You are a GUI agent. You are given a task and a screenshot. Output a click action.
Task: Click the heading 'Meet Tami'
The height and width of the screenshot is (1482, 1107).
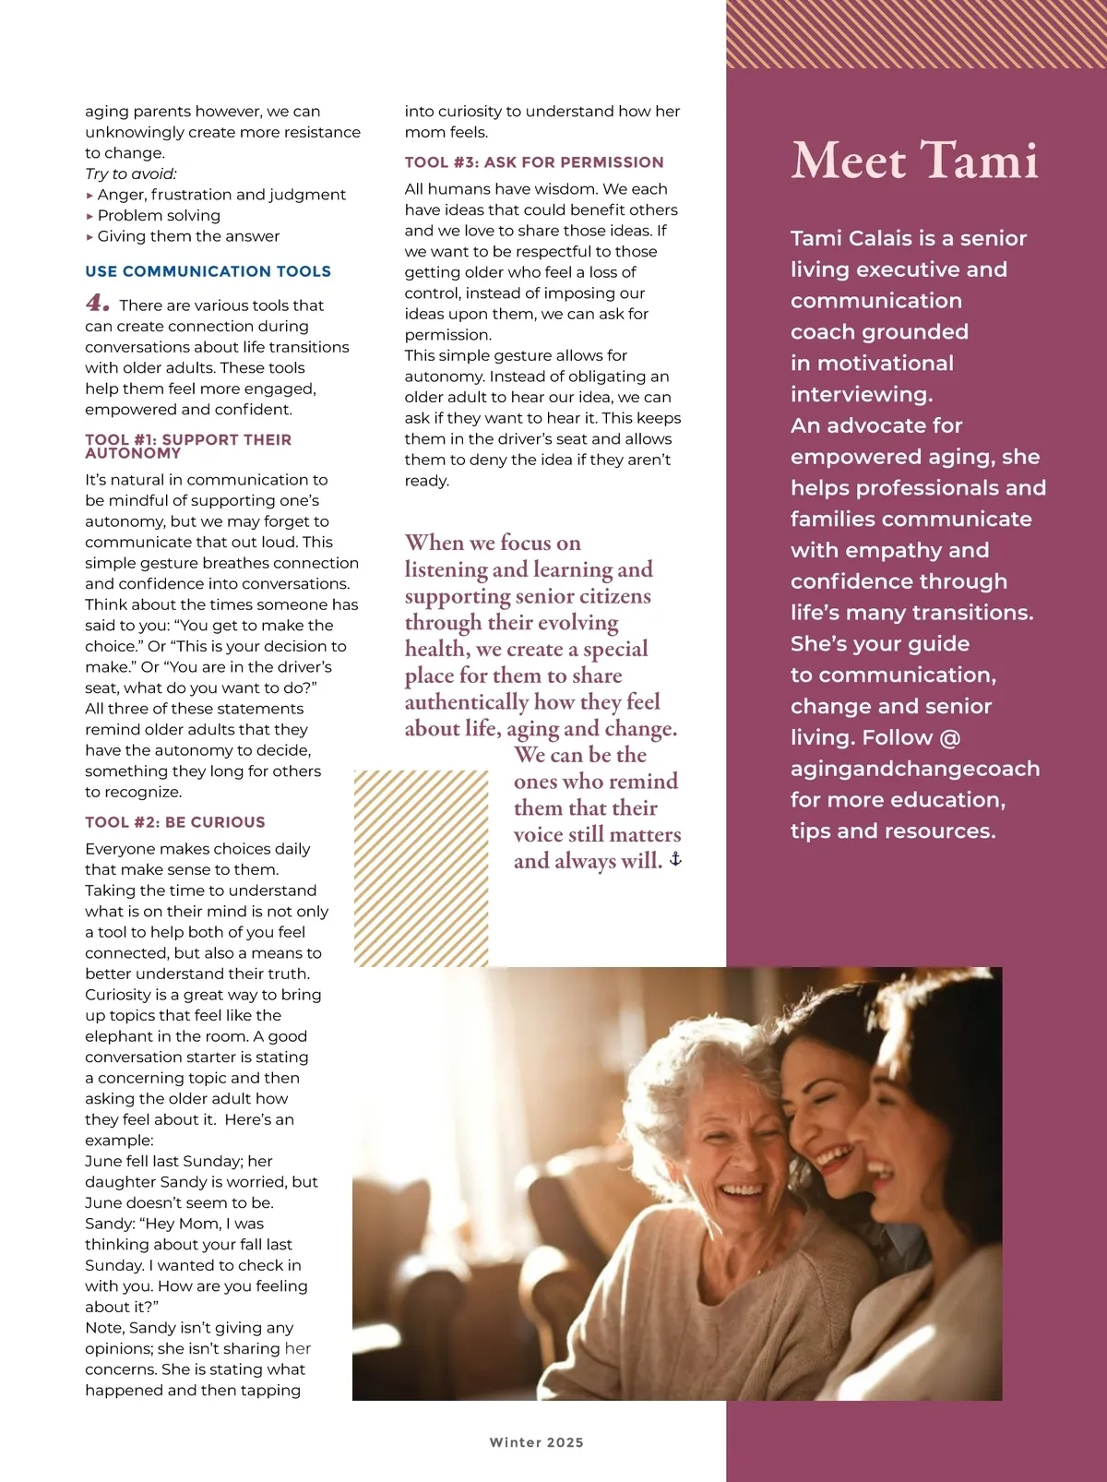(914, 161)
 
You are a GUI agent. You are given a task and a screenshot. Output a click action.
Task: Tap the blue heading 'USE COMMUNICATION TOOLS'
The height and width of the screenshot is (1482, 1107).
(208, 271)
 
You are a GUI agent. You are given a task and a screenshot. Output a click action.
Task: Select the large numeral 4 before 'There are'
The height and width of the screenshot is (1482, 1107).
(97, 303)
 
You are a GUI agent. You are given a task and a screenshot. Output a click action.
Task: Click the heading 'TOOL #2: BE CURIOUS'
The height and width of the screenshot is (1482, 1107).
(175, 822)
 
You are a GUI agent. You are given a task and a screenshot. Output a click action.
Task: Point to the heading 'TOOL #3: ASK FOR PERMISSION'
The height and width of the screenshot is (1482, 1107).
(534, 162)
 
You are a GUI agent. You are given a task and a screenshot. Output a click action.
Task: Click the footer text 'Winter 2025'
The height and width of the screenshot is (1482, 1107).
(536, 1442)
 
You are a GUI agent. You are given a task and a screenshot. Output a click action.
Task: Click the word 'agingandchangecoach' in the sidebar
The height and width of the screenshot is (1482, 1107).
(914, 769)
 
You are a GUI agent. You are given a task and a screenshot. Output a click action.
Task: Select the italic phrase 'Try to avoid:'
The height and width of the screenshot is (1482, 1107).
(131, 173)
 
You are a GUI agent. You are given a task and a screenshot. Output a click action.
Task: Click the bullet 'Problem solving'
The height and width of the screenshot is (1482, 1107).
(159, 215)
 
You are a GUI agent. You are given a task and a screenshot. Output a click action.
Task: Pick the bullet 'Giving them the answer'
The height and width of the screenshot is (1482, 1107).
(188, 236)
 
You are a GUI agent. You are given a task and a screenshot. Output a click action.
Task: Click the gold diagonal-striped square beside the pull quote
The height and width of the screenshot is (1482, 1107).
(421, 867)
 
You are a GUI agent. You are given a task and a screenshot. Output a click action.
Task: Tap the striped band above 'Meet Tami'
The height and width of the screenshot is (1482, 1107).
(916, 34)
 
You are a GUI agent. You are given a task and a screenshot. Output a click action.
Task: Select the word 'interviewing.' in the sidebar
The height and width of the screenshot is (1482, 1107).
(861, 394)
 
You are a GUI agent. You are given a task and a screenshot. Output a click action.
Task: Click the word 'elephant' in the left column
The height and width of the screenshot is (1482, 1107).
(118, 1036)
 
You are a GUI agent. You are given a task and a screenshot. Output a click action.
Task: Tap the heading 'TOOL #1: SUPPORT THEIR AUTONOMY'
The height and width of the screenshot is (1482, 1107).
(188, 446)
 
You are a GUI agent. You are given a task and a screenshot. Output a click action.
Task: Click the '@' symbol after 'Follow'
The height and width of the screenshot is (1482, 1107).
(950, 737)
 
